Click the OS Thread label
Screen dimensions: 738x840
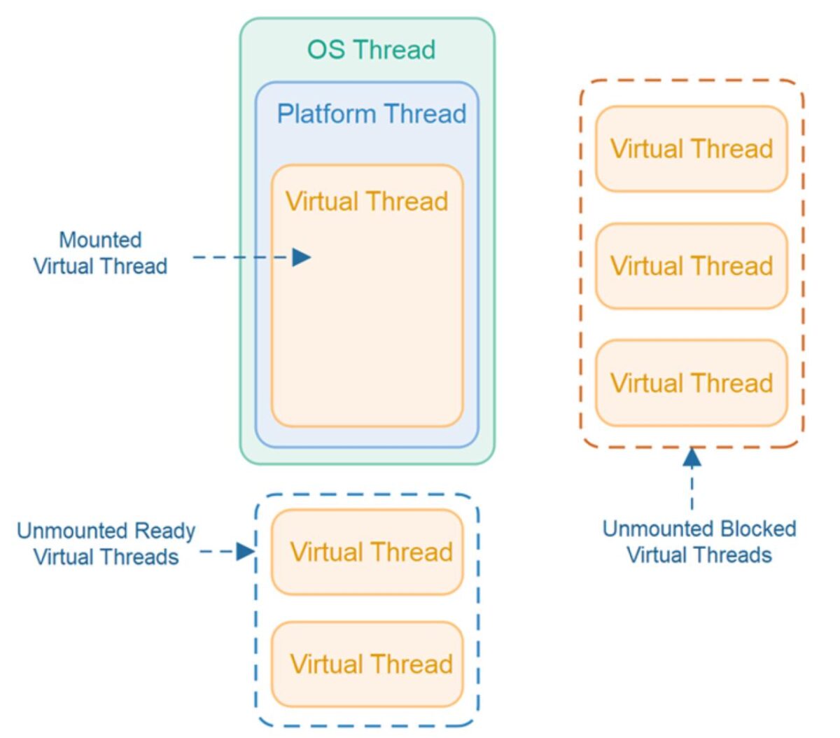tap(371, 50)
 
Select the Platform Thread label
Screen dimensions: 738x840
tap(371, 113)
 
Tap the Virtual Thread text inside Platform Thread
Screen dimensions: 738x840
tap(367, 202)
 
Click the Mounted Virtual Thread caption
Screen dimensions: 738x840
tap(100, 253)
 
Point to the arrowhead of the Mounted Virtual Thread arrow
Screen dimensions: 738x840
tap(302, 257)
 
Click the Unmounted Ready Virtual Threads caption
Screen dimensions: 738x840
tap(106, 543)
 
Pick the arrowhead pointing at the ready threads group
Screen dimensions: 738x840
tap(245, 552)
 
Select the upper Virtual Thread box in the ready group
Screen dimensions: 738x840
tap(367, 552)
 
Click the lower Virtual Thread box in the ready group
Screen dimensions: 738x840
tap(367, 664)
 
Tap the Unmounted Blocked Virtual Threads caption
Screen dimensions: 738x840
tap(699, 541)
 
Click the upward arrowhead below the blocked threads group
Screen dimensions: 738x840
tap(692, 458)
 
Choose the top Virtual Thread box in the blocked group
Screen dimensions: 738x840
tap(692, 148)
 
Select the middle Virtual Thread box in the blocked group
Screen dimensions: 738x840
tap(692, 265)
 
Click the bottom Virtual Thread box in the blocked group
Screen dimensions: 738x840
tap(692, 383)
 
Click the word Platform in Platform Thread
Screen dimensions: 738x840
tap(326, 113)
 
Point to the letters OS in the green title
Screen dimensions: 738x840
tap(325, 50)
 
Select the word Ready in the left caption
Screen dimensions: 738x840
tap(165, 531)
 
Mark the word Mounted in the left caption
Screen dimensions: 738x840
tap(100, 240)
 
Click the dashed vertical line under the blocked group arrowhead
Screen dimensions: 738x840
tap(692, 490)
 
